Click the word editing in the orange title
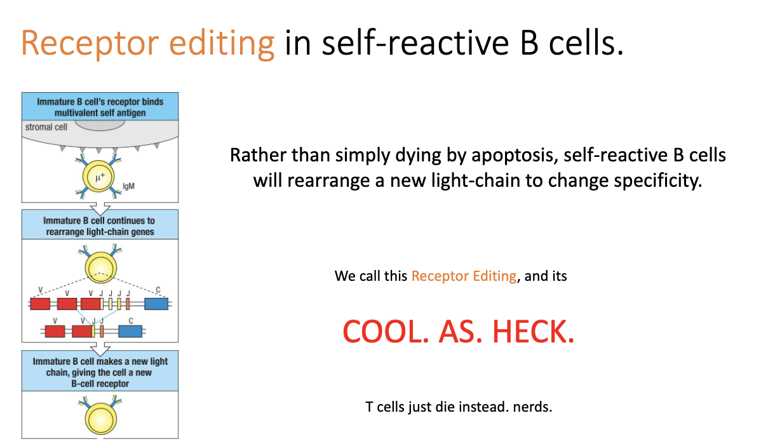tap(218, 43)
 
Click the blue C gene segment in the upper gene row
tap(156, 304)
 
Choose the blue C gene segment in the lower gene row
tap(130, 331)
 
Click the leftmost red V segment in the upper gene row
tap(41, 304)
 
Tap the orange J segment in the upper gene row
tap(128, 304)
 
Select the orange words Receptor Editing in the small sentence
tap(464, 276)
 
